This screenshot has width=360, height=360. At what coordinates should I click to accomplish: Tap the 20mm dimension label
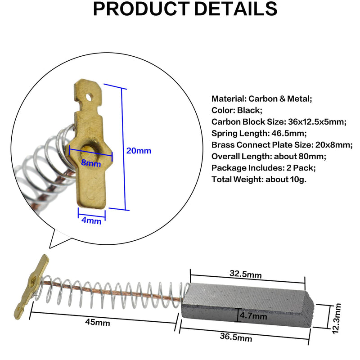tap(139, 151)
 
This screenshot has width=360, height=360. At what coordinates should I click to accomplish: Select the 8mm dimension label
tap(91, 163)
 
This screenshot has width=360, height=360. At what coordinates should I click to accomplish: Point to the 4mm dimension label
tap(92, 221)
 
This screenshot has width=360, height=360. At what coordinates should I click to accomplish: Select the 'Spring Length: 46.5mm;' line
tap(259, 133)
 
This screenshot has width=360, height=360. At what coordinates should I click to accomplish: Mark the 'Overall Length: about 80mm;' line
tap(269, 156)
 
